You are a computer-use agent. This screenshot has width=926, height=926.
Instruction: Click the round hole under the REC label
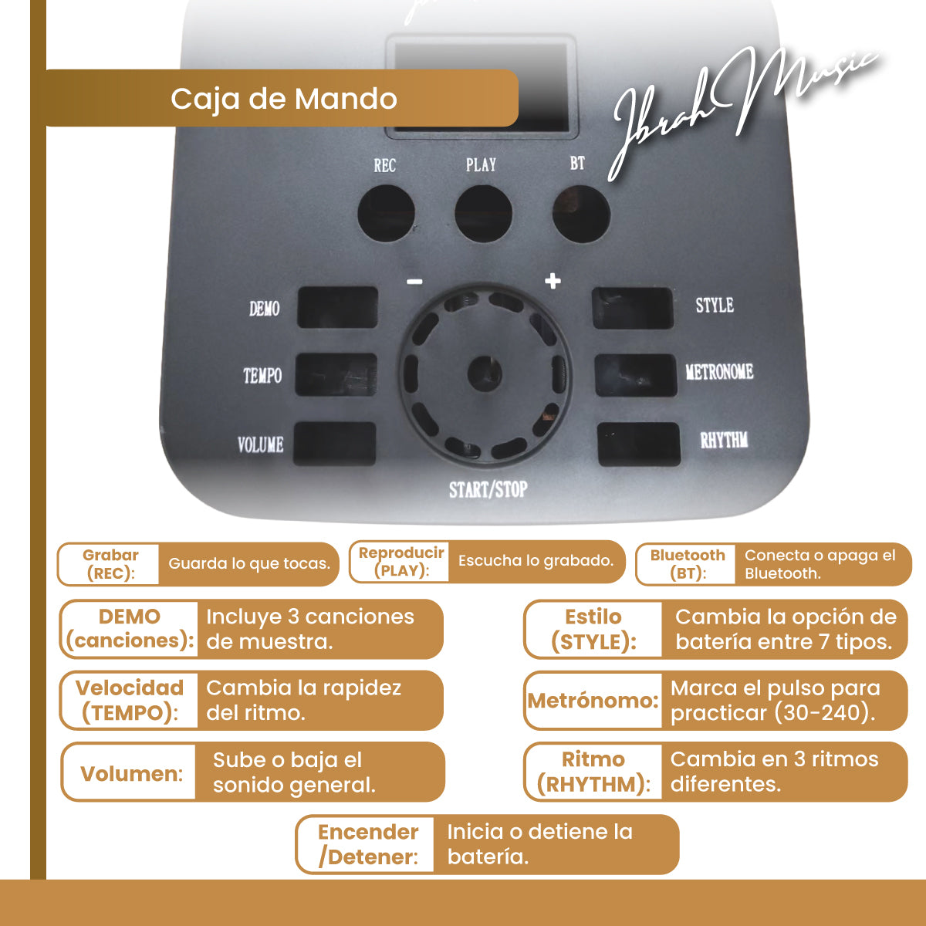[387, 214]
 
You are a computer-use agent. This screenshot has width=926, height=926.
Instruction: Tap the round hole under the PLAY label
[483, 214]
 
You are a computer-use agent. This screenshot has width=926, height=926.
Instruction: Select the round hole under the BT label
[582, 214]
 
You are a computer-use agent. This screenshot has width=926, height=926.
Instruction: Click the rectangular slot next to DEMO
[337, 308]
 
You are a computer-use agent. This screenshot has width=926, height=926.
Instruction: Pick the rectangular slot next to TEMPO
[336, 375]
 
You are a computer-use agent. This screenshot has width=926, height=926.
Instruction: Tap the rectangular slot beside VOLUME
[334, 444]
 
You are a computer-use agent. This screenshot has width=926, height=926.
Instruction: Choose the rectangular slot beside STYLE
[633, 308]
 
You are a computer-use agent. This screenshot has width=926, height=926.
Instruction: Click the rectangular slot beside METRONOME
[636, 375]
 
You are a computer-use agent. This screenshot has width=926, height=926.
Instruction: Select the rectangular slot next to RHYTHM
[639, 444]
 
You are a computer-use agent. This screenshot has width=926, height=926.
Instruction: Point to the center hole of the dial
[485, 373]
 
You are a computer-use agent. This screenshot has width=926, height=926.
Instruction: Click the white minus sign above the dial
[414, 282]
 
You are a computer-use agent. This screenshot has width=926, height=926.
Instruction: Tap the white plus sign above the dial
[553, 281]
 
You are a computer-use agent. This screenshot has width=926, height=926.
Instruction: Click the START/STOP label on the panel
[488, 490]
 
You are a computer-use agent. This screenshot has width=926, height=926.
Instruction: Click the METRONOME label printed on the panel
[719, 371]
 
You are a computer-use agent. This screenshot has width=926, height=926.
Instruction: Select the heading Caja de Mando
[283, 99]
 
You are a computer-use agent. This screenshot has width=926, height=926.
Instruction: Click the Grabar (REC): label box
[110, 564]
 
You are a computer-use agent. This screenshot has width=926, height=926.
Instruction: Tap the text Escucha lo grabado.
[536, 561]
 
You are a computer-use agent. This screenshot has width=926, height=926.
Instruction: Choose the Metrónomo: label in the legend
[593, 701]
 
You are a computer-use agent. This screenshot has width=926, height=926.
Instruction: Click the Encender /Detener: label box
[367, 844]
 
